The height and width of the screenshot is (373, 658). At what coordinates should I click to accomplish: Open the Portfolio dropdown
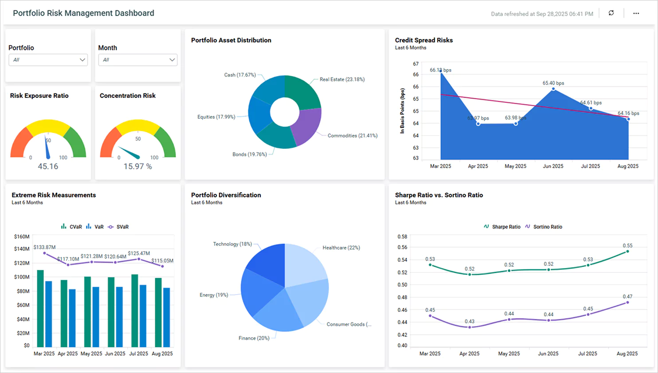48,60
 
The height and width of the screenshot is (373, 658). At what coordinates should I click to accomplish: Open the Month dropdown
137,60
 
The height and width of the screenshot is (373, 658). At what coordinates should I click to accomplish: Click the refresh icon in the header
611,13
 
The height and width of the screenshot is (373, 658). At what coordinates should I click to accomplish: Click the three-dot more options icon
636,13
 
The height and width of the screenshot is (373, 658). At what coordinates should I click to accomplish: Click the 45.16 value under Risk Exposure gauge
48,167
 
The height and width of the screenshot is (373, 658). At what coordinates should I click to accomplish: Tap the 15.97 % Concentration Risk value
137,167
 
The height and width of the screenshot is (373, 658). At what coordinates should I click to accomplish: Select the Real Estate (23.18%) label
342,80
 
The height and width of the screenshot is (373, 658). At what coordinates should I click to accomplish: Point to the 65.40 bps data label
553,83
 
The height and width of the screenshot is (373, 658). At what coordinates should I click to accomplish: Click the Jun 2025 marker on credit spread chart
553,89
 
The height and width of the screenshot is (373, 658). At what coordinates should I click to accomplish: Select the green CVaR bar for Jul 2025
134,310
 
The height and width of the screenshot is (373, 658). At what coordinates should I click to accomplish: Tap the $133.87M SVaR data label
44,247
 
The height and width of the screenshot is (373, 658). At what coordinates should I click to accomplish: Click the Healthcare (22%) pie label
341,248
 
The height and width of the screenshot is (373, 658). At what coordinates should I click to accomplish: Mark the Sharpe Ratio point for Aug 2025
627,252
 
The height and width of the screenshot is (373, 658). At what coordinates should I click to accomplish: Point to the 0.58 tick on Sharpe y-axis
402,237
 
